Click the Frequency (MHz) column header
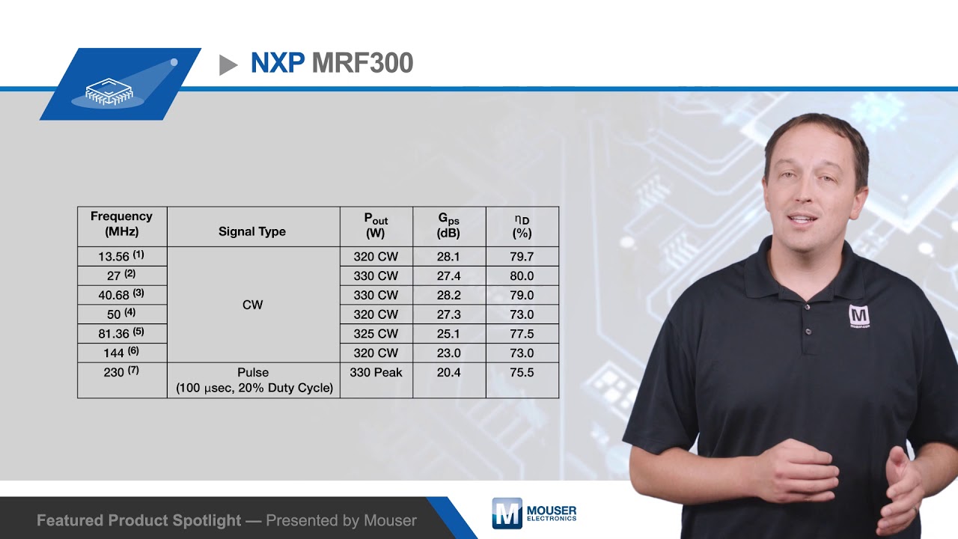click(x=121, y=224)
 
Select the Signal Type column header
click(x=252, y=231)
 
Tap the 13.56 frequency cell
click(x=120, y=256)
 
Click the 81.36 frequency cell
click(x=120, y=333)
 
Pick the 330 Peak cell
click(x=376, y=372)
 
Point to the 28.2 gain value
click(x=448, y=295)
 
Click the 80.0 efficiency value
click(x=522, y=275)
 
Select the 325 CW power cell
click(x=376, y=333)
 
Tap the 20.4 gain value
click(x=448, y=372)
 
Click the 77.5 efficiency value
click(x=522, y=333)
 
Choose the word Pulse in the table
click(x=253, y=372)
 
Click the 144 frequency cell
click(x=120, y=353)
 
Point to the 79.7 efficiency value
click(x=522, y=256)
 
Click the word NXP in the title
click(x=277, y=64)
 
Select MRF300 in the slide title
click(x=362, y=64)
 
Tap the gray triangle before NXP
click(x=228, y=65)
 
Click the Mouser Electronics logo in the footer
click(x=534, y=513)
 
